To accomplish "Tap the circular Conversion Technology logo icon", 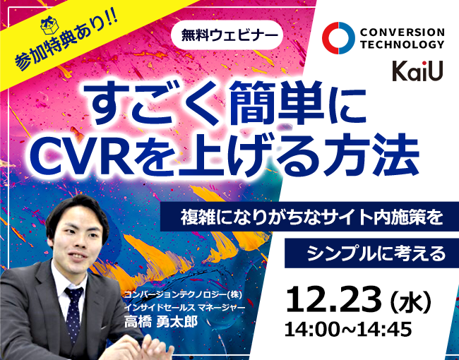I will (338, 38).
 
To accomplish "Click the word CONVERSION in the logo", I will (403, 32).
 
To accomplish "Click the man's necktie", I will (73, 303).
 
